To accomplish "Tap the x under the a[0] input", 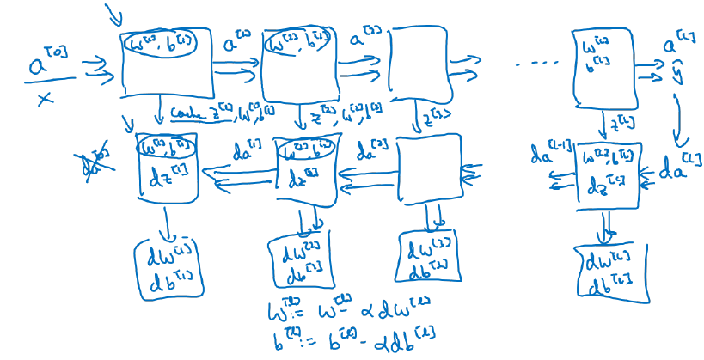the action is click(x=45, y=101).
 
